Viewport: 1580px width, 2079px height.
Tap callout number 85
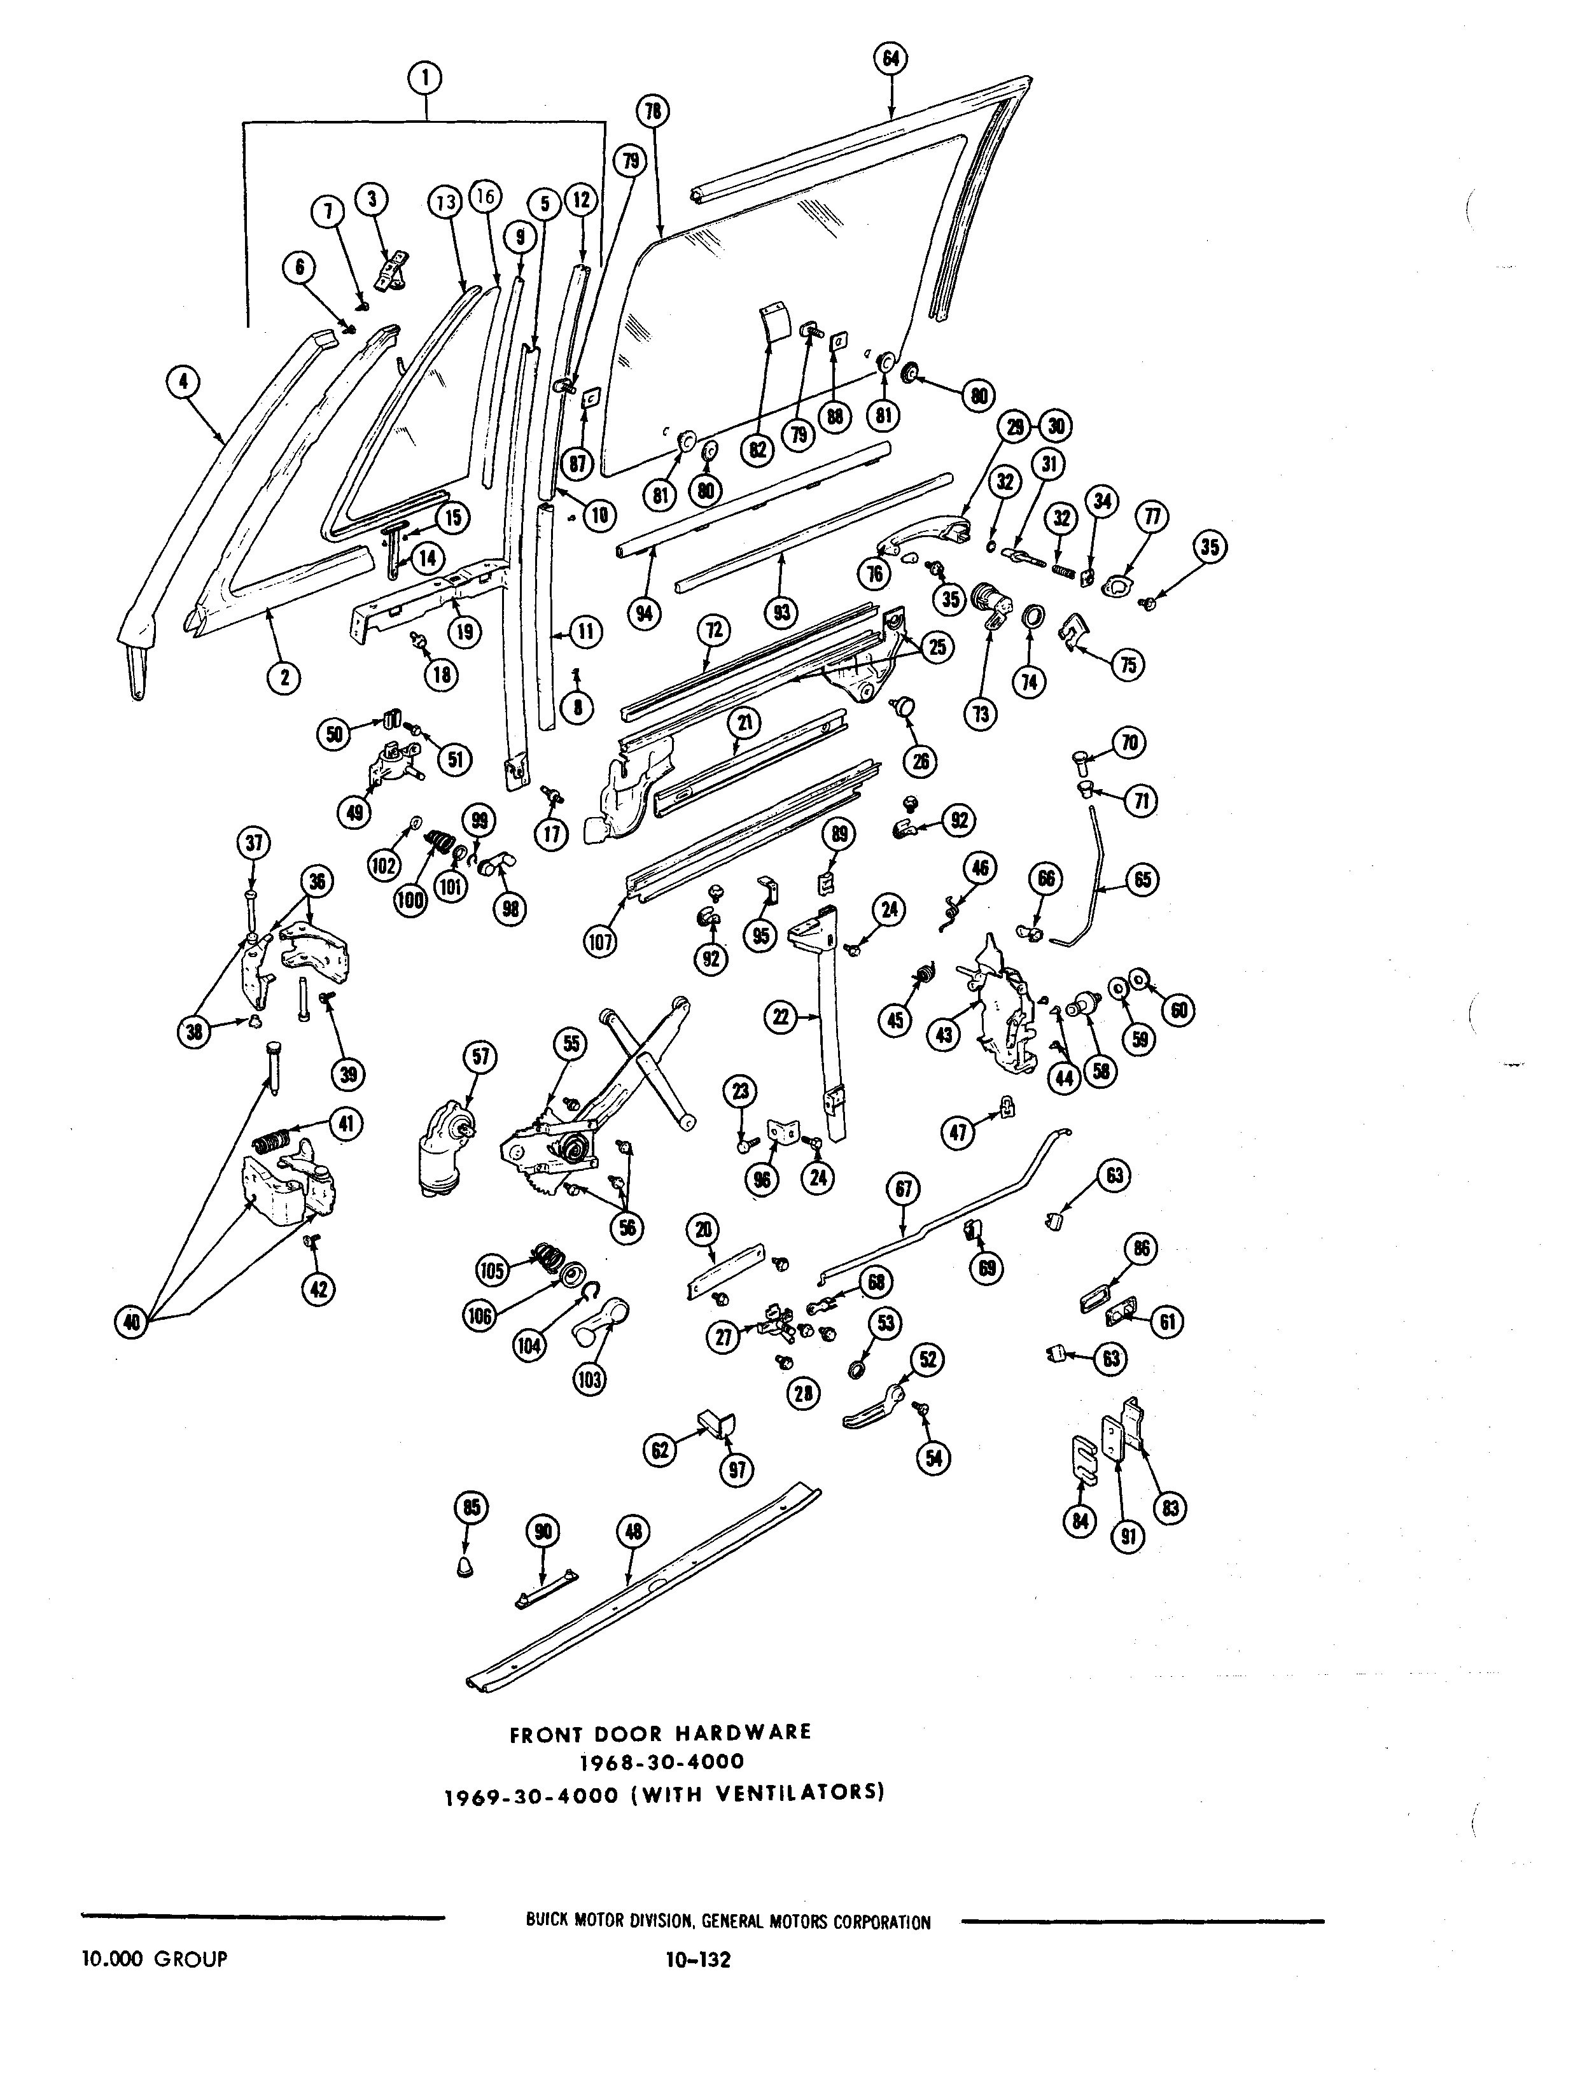[470, 1508]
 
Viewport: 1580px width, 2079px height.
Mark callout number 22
[781, 1016]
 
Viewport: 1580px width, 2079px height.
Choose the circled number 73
[981, 715]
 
